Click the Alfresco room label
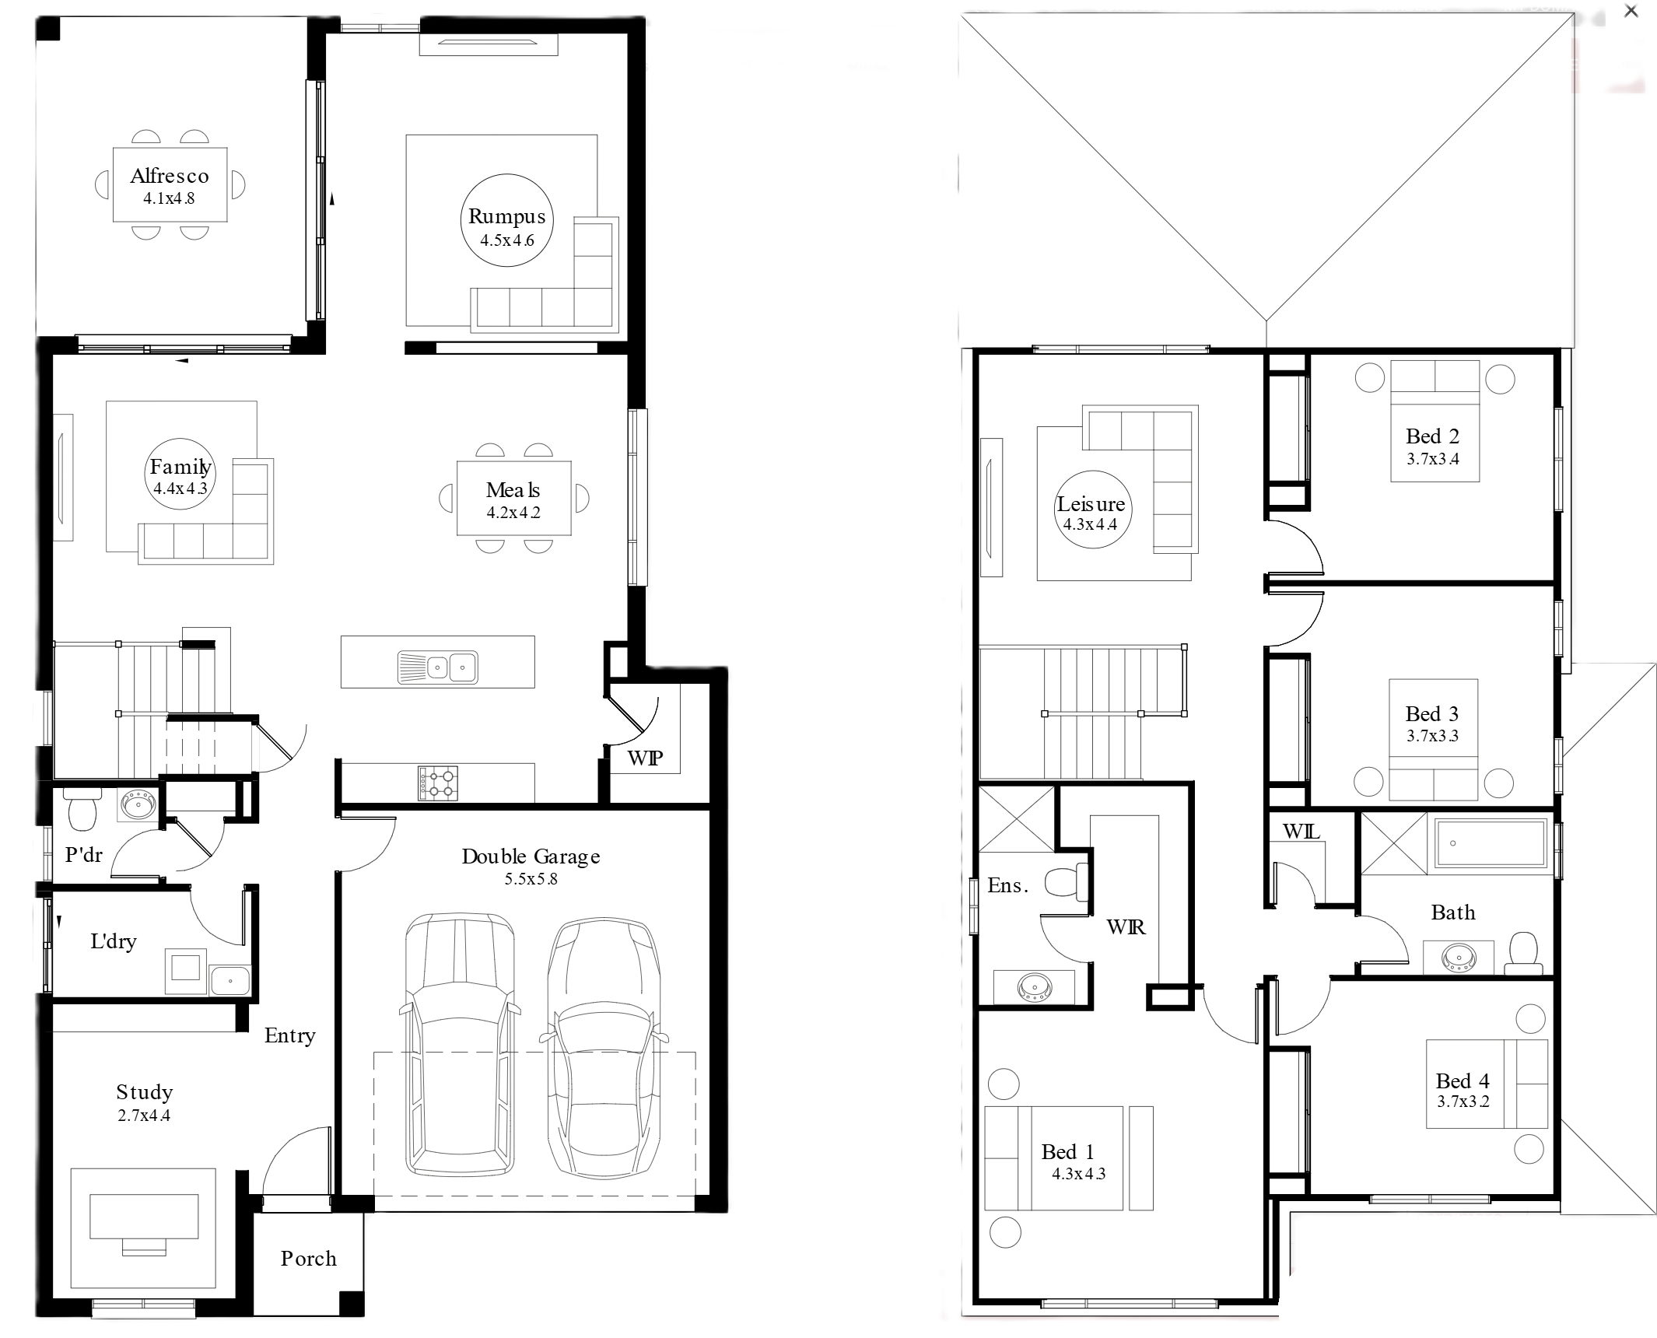[170, 176]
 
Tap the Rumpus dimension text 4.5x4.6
[507, 240]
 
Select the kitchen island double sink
[438, 667]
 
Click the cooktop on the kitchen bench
[438, 783]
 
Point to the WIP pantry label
[645, 758]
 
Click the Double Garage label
[531, 856]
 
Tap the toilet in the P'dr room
[82, 810]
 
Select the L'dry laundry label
[114, 941]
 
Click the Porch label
[309, 1259]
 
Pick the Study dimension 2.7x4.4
[144, 1116]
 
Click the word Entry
[289, 1036]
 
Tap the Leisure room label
[1091, 504]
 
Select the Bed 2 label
[1432, 436]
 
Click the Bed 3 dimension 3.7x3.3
[1432, 736]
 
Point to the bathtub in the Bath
[1491, 842]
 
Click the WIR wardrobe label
[1126, 926]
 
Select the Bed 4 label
[1463, 1081]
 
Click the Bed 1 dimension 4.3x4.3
[1079, 1174]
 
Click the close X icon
[1631, 11]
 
